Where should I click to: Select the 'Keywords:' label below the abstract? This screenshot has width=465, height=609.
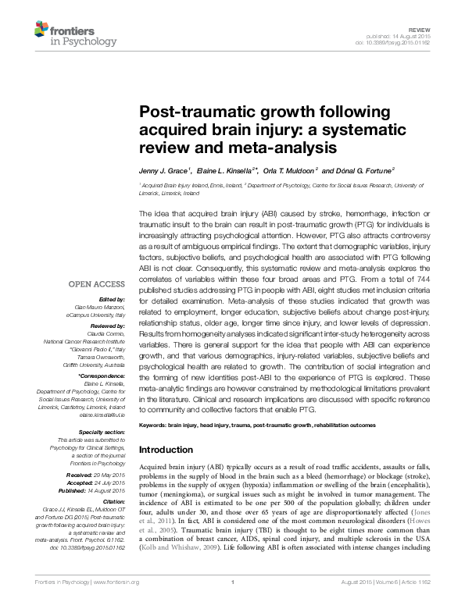tap(153, 425)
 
